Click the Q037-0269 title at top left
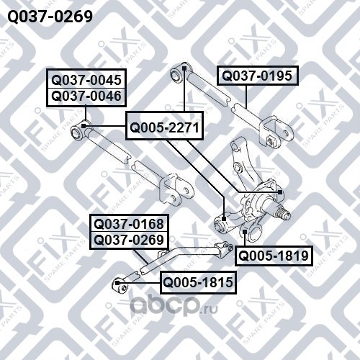click(x=50, y=17)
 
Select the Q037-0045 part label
click(x=86, y=80)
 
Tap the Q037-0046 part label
click(x=86, y=96)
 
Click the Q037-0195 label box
click(x=258, y=76)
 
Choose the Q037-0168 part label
click(x=129, y=224)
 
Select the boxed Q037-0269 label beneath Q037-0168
click(x=129, y=240)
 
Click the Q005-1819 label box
click(x=274, y=256)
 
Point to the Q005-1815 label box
click(x=198, y=282)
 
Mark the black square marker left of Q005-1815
click(x=117, y=283)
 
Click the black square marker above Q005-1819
click(x=245, y=232)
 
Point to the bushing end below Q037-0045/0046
click(x=78, y=132)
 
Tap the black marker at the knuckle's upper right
click(x=280, y=192)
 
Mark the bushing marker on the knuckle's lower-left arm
click(x=224, y=219)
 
